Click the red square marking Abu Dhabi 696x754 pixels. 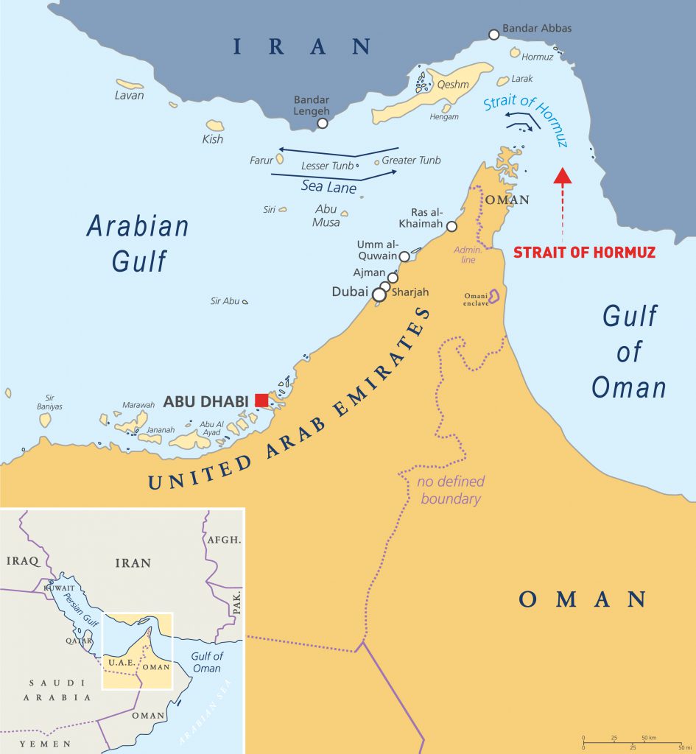261,400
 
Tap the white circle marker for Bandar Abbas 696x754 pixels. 494,34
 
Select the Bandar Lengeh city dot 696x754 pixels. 322,124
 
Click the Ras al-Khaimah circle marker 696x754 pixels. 451,227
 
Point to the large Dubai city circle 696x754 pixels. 379,295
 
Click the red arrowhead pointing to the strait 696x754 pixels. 562,175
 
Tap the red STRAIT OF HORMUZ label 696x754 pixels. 584,252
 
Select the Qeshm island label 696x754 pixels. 453,85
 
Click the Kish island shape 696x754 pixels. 215,125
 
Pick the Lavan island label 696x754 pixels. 130,96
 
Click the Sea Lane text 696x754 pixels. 329,187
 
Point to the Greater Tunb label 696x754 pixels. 411,161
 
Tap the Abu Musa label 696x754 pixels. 326,215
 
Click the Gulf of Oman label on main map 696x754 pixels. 629,352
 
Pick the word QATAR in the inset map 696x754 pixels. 79,641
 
